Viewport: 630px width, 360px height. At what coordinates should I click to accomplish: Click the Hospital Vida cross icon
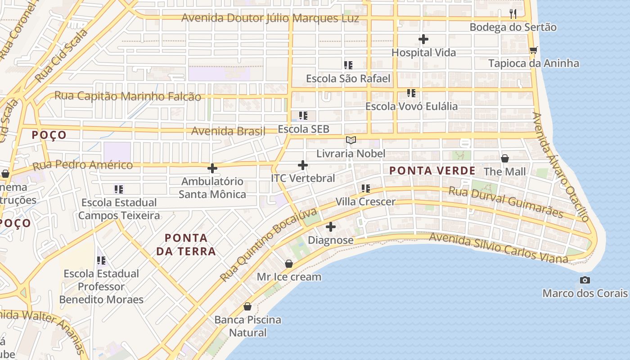pos(423,40)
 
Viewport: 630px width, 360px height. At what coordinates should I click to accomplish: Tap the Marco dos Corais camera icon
pos(585,280)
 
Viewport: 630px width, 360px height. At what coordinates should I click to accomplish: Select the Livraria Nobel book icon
pos(351,140)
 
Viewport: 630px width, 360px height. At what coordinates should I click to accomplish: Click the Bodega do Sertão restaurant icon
pos(513,13)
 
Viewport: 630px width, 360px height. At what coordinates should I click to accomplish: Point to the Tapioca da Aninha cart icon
pos(533,50)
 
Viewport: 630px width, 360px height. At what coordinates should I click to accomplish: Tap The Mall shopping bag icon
pos(505,158)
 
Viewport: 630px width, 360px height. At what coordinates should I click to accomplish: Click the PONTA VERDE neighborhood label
pos(432,171)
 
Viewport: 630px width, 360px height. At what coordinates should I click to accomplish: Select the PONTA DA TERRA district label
pos(186,244)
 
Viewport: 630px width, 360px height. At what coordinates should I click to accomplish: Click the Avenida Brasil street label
pos(228,131)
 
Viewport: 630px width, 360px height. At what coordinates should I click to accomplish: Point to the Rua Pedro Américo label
pos(83,165)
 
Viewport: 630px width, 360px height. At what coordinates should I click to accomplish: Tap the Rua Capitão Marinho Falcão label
pos(128,96)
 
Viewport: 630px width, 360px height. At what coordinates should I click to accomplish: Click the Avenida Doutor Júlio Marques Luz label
pos(270,18)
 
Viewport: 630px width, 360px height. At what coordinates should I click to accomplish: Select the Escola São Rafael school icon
pos(348,65)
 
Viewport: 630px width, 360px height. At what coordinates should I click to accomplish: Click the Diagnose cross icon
pos(331,227)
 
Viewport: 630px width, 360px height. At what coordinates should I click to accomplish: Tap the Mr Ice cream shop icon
pos(289,264)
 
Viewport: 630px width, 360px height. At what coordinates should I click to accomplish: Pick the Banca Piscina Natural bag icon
pos(247,307)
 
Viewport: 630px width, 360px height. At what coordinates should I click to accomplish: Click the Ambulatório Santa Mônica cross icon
pos(212,169)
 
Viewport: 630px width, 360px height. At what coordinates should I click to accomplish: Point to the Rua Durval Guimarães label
pos(506,202)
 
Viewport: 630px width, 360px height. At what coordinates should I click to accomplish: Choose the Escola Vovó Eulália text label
pos(411,107)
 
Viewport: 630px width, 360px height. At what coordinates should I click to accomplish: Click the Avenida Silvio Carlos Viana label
pos(498,248)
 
